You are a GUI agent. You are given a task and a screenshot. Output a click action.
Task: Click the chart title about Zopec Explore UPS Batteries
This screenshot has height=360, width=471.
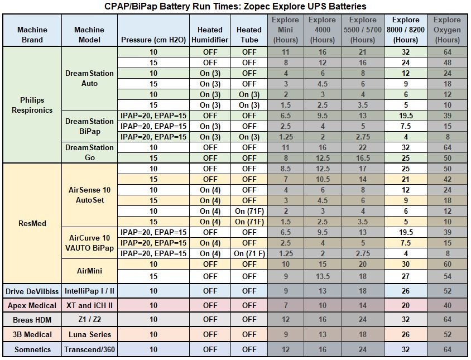[x=235, y=6]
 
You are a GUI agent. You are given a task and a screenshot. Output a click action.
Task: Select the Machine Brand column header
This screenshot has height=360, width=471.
[x=32, y=34]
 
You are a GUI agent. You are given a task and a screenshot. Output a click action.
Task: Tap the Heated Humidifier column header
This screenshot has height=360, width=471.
[x=210, y=34]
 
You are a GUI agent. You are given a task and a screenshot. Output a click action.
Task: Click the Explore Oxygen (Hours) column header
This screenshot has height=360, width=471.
[x=447, y=30]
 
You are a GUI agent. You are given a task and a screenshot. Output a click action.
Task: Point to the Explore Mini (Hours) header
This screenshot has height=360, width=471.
[x=285, y=30]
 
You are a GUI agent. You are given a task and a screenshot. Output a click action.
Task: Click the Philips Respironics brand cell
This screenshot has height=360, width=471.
[x=32, y=105]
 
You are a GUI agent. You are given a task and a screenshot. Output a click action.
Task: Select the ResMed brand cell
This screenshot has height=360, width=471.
[x=32, y=223]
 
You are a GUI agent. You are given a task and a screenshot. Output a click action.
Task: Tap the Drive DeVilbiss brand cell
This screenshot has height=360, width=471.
[x=32, y=291]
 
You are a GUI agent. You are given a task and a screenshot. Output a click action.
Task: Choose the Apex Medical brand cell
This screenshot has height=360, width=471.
[x=32, y=305]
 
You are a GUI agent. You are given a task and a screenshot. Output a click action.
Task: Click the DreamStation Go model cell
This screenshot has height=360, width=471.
[x=89, y=152]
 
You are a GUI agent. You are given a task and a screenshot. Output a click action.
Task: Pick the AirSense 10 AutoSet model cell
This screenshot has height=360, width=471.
[x=89, y=195]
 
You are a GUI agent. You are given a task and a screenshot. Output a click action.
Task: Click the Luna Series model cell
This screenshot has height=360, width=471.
[x=89, y=334]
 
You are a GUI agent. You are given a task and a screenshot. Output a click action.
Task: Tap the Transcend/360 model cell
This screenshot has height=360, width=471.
[x=89, y=349]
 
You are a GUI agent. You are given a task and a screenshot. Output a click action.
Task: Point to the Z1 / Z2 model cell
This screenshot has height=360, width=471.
[x=89, y=320]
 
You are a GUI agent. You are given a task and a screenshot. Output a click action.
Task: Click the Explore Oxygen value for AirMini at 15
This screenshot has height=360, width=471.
[x=447, y=276]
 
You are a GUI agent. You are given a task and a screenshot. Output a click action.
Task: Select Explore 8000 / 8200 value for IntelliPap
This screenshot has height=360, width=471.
[x=406, y=291]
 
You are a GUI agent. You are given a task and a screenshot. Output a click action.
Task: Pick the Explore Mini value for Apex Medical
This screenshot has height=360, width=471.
[x=285, y=305]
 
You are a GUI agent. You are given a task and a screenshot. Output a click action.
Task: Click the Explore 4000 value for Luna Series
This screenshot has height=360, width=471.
[x=323, y=334]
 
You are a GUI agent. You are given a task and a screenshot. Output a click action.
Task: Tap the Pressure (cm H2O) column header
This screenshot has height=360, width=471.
[x=152, y=40]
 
